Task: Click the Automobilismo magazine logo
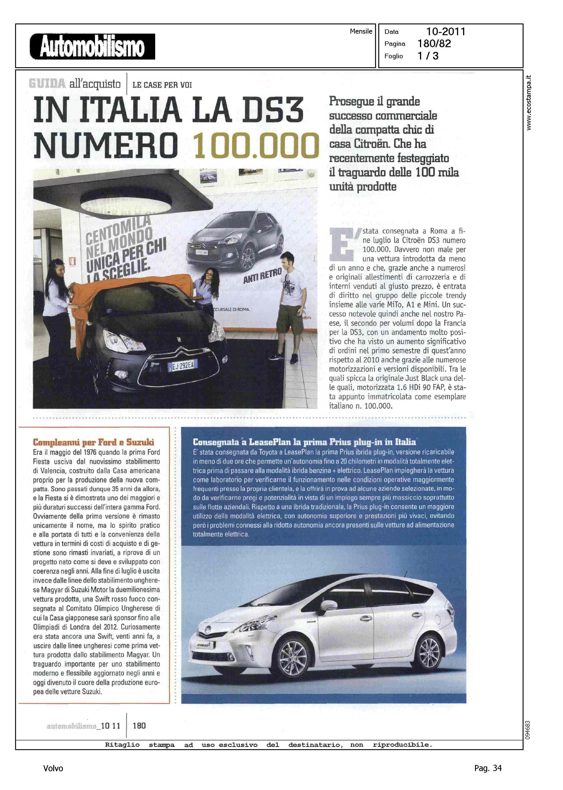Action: point(92,46)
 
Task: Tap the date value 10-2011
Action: point(445,32)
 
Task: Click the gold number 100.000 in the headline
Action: point(256,146)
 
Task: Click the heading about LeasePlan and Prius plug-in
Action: point(304,442)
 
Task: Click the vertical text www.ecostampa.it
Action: point(529,103)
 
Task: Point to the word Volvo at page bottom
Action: point(53,768)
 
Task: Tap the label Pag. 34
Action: point(488,768)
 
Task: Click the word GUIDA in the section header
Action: point(47,84)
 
